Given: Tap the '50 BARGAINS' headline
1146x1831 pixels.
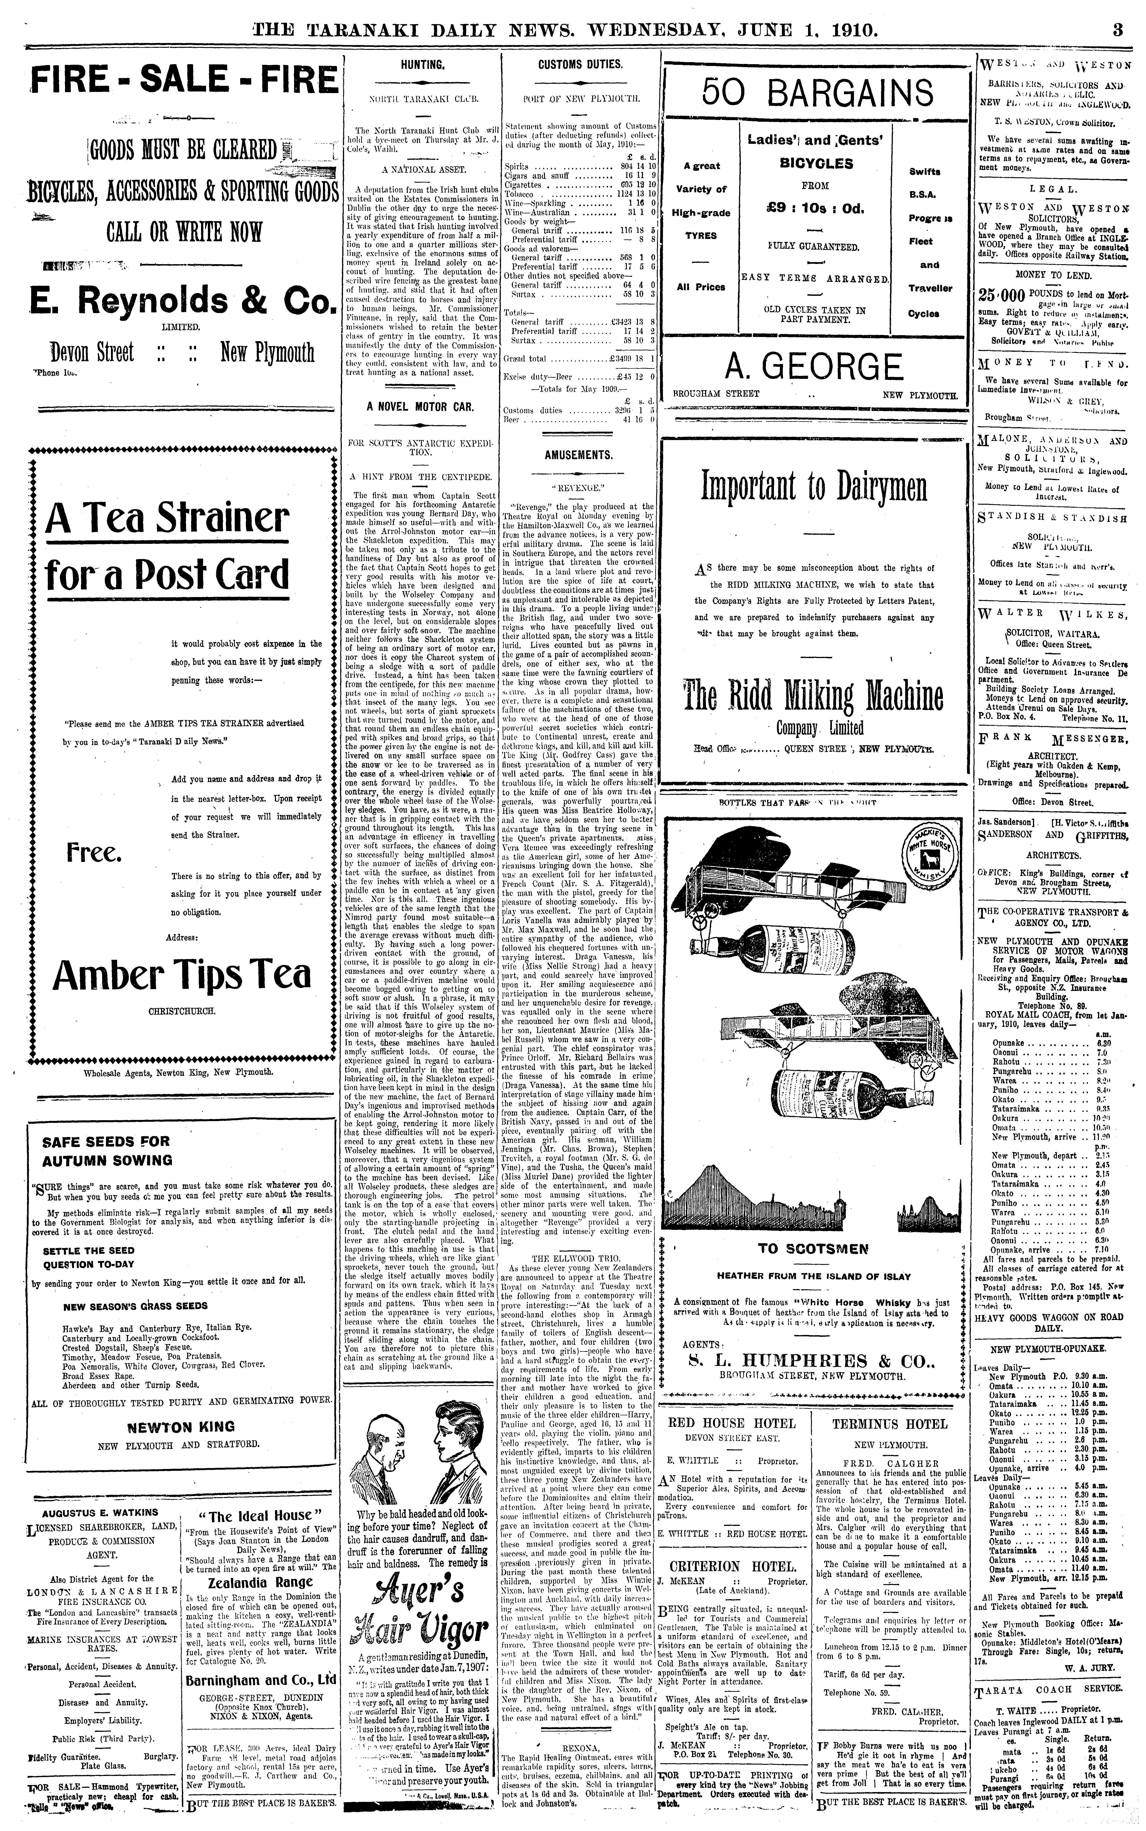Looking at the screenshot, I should pyautogui.click(x=817, y=94).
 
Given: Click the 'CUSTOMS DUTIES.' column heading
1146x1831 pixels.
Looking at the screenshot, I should pyautogui.click(x=580, y=64).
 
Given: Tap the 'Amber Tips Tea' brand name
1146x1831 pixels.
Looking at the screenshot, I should pyautogui.click(x=182, y=975).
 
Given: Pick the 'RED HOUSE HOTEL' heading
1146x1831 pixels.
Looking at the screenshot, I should pyautogui.click(x=731, y=1423).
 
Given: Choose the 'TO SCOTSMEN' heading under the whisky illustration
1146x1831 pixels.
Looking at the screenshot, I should pyautogui.click(x=813, y=1249).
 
